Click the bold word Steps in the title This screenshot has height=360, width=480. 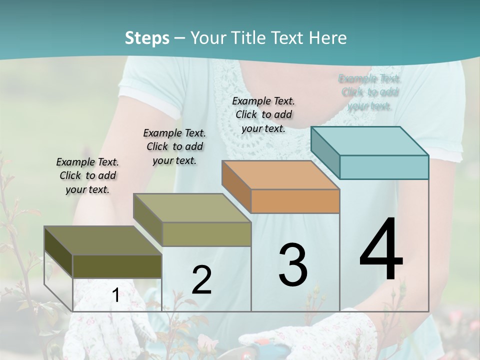147,38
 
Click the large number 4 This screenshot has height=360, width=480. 381,250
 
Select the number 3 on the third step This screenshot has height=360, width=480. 293,264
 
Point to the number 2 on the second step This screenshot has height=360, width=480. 201,280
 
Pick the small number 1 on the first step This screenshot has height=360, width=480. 115,295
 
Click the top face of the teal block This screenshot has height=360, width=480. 369,140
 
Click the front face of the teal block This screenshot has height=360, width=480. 384,167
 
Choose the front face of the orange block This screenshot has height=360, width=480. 295,201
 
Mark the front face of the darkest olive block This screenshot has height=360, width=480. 117,266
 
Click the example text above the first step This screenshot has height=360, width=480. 87,175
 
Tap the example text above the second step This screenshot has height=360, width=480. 174,146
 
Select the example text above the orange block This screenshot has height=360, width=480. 263,114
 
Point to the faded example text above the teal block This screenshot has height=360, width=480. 370,92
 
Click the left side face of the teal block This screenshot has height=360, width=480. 325,153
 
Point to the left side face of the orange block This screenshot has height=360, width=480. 236,186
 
